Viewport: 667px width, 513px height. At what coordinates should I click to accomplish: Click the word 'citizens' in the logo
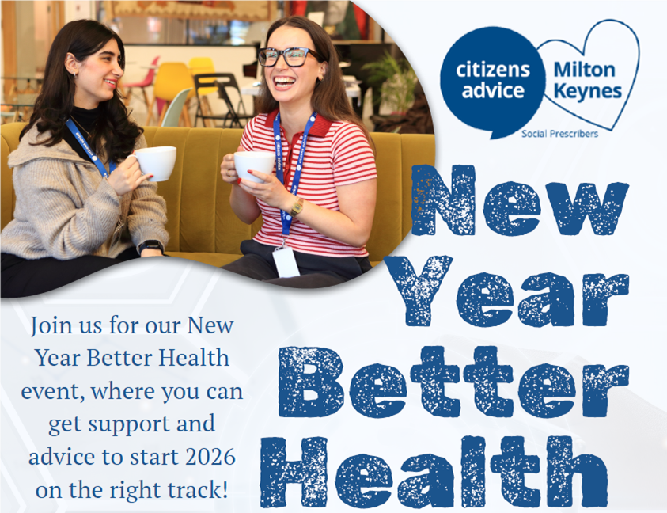click(x=492, y=70)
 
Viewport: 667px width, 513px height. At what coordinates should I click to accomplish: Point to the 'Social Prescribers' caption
click(x=559, y=134)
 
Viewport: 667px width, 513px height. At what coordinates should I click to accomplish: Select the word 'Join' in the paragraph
click(x=51, y=325)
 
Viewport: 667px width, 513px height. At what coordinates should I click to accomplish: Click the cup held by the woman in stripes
click(x=254, y=166)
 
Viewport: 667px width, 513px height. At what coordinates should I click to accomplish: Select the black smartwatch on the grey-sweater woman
click(x=150, y=247)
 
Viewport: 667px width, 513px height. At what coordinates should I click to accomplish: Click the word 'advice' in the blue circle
click(x=492, y=90)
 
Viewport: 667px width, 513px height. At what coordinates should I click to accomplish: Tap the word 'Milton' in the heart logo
click(x=585, y=70)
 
